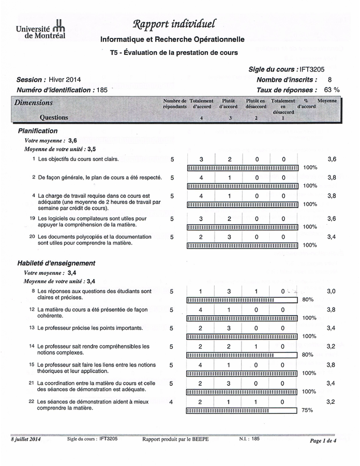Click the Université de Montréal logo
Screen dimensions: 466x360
[x=41, y=30]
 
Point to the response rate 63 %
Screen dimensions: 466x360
[x=332, y=90]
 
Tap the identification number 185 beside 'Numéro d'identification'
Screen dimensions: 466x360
[x=102, y=90]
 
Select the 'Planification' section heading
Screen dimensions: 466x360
[x=38, y=131]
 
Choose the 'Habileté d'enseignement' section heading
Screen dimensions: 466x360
[x=56, y=263]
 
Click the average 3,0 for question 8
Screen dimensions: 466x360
[x=332, y=292]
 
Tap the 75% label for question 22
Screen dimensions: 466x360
[x=307, y=410]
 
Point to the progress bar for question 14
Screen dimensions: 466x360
[x=242, y=355]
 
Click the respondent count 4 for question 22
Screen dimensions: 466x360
[x=171, y=401]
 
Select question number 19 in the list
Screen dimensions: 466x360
[x=32, y=219]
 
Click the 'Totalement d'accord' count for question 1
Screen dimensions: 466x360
[x=201, y=159]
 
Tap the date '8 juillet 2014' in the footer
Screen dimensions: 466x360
[x=25, y=439]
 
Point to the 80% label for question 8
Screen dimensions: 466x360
[x=308, y=300]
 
